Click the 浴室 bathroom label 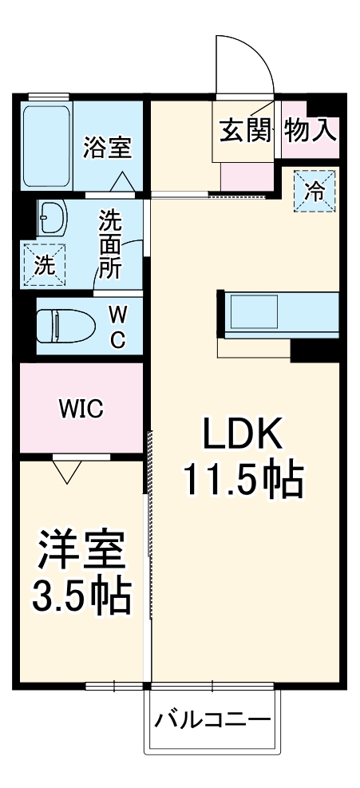(107, 148)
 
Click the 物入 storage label (311, 130)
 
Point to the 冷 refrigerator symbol (316, 191)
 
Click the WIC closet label (81, 410)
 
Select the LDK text (242, 435)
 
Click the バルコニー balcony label (212, 719)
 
